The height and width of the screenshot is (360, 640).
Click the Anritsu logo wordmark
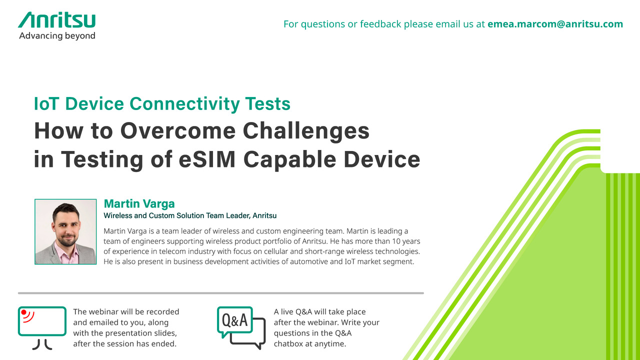(56, 19)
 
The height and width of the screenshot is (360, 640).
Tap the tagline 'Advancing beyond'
(57, 36)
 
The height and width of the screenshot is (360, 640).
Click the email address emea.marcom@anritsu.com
(555, 24)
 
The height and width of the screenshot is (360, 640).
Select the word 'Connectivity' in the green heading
(184, 103)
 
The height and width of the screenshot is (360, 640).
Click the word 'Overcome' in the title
(178, 131)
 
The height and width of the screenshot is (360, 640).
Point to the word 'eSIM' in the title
(207, 159)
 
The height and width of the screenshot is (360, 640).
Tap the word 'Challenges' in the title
(306, 131)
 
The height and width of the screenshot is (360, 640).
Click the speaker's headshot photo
(65, 231)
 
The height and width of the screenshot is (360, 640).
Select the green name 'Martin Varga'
(139, 203)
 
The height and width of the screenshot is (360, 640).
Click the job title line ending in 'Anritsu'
(190, 215)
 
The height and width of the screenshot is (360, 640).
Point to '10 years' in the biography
(406, 241)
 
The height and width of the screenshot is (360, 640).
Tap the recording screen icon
(42, 328)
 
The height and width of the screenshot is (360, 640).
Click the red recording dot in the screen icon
(24, 312)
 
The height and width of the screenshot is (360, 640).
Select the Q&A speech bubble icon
(241, 327)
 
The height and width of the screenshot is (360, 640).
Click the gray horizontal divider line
(221, 293)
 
